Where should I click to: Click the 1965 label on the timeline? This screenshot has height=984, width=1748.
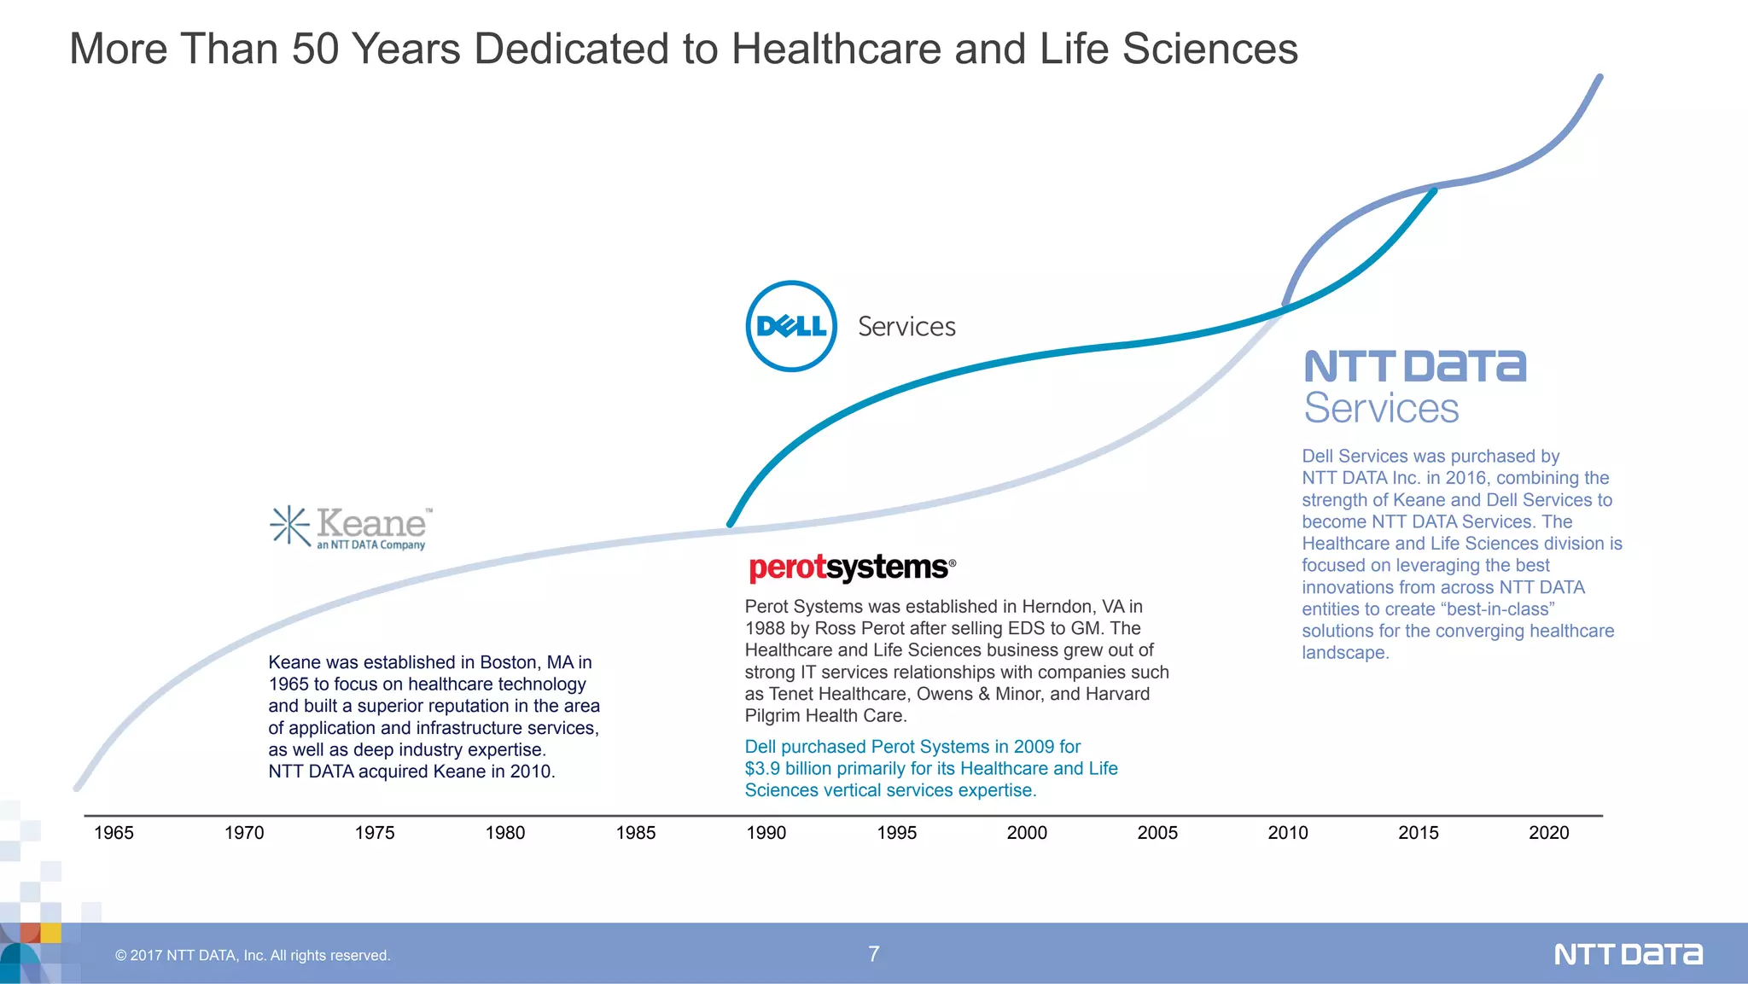[x=114, y=833]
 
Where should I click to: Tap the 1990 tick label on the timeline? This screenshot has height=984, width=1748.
[x=766, y=833]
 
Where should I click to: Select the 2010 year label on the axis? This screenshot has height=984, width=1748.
[x=1287, y=833]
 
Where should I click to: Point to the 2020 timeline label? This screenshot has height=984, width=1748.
[x=1548, y=833]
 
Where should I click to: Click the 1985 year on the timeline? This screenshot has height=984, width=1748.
[x=636, y=833]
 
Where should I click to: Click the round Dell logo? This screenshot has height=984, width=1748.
[x=791, y=326]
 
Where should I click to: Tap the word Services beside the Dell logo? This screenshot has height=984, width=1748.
[x=906, y=327]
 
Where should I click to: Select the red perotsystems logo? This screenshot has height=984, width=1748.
[x=851, y=568]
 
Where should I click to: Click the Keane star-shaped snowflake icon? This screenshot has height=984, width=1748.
[x=290, y=525]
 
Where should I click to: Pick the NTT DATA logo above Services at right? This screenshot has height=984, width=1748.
[x=1414, y=367]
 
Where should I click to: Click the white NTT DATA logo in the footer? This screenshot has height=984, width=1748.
[x=1628, y=954]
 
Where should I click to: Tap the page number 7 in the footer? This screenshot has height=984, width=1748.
[x=873, y=954]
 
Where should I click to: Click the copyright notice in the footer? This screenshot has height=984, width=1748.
[x=253, y=956]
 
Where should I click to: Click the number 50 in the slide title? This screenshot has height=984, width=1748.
[x=315, y=49]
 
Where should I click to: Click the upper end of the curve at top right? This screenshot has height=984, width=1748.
[x=1599, y=78]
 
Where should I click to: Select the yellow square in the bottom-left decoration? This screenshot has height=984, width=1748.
[x=50, y=933]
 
